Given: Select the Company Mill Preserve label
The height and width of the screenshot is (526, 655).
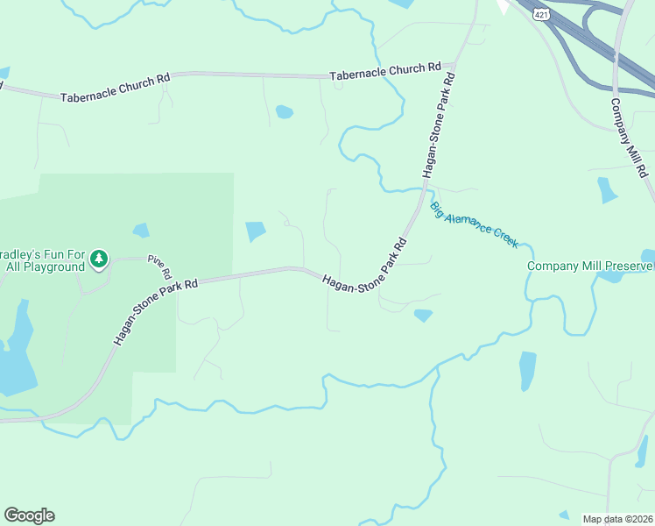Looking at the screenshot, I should click(x=589, y=266).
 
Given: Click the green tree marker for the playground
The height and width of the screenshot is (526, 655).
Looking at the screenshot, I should click(x=100, y=259).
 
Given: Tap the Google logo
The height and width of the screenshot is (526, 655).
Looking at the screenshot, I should click(x=29, y=515).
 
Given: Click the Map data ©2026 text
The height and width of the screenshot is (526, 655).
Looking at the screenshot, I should click(x=618, y=519).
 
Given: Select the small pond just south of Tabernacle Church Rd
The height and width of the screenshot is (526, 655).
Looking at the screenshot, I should click(x=284, y=112).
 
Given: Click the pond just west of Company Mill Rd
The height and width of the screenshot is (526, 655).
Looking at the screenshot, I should click(x=607, y=189).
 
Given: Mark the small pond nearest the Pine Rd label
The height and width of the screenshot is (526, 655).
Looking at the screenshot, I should click(x=140, y=231).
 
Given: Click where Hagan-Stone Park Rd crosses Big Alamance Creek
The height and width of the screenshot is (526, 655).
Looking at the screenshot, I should click(x=424, y=187).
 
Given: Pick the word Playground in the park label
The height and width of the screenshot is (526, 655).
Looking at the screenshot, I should click(x=53, y=267).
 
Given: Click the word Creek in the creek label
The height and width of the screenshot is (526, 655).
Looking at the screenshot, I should click(x=504, y=235).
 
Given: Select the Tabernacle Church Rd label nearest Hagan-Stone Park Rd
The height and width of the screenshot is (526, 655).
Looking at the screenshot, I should click(x=385, y=73).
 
